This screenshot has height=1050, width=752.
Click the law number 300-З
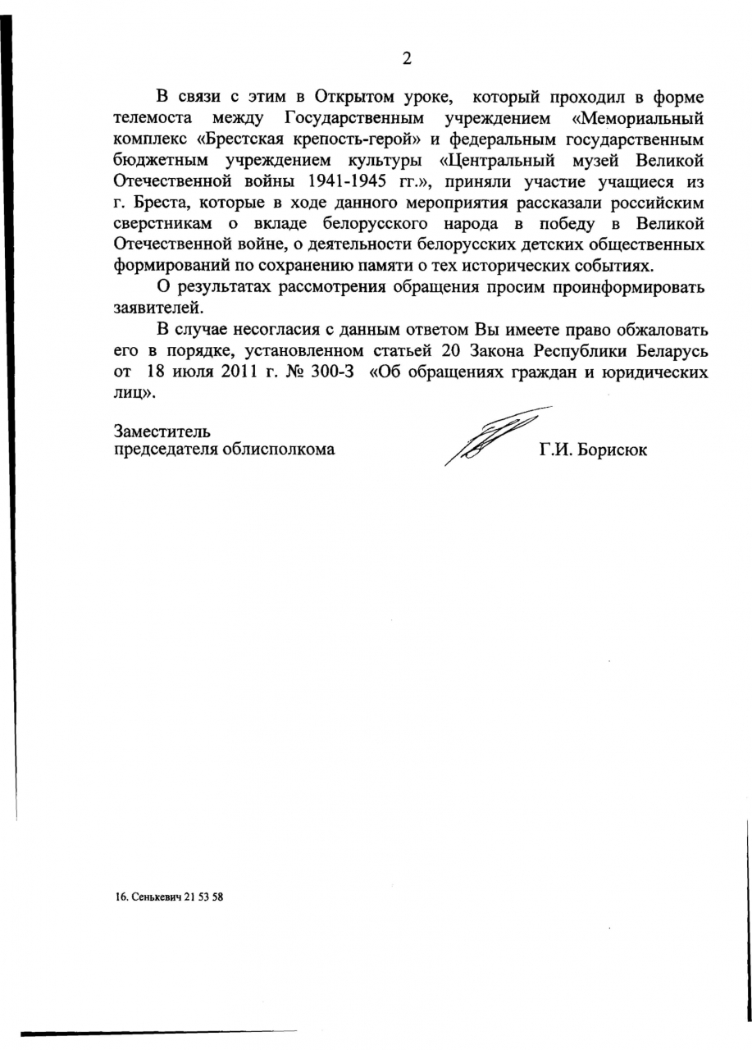(x=332, y=372)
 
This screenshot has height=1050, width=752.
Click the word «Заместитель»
(x=162, y=430)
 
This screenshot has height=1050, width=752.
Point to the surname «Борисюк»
(x=614, y=450)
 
